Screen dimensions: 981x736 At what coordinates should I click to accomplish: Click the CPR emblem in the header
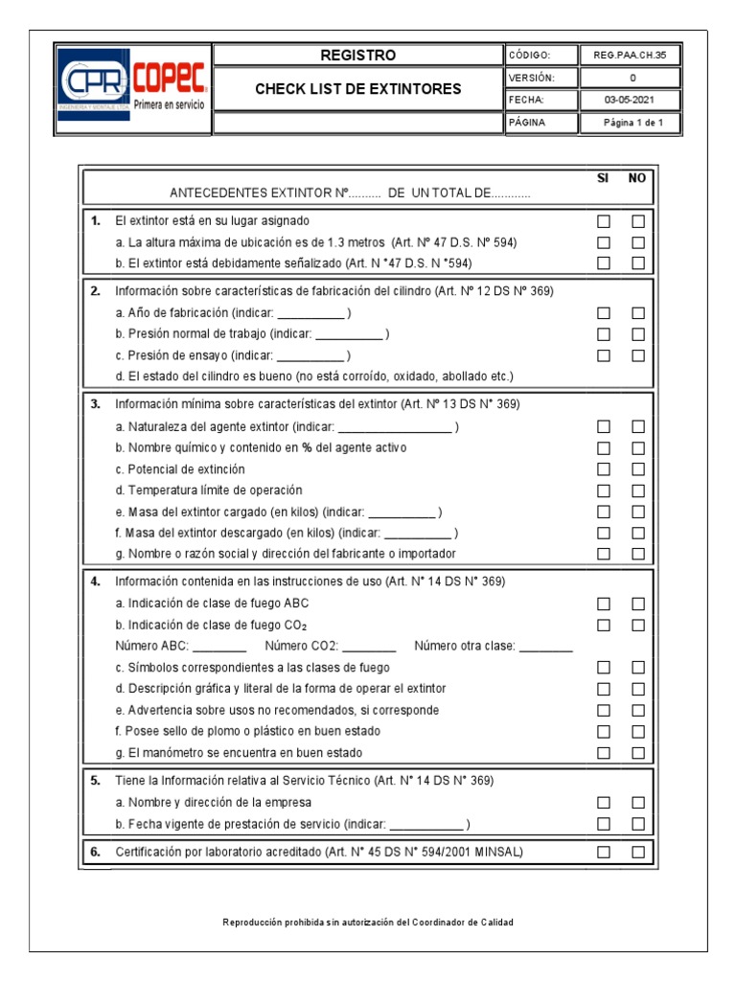coord(93,84)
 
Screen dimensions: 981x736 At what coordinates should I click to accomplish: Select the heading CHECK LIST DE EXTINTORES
coord(357,89)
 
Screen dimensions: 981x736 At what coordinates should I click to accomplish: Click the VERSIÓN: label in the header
coord(531,78)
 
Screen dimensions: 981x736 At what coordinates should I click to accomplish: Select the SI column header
coord(603,179)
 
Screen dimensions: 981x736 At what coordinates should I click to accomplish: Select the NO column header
coord(637,179)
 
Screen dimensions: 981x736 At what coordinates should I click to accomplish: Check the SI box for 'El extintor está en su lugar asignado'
coord(604,221)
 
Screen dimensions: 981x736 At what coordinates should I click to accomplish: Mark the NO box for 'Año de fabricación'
coord(638,313)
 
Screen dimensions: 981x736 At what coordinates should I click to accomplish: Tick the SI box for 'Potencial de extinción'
coord(604,469)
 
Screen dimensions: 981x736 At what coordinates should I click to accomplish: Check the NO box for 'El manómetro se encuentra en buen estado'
coord(638,753)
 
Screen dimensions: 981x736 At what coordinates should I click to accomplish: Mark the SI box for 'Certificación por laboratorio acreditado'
coord(604,852)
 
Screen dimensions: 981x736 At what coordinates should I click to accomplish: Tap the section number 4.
coord(95,582)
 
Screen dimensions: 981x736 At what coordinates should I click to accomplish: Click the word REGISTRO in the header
coord(357,56)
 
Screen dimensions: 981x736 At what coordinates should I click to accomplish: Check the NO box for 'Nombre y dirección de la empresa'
coord(638,803)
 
